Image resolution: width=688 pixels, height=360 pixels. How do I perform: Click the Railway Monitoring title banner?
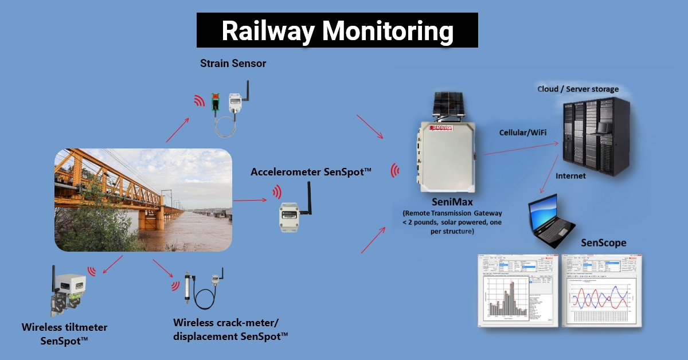(337, 30)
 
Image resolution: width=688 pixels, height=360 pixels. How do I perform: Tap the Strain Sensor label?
(233, 64)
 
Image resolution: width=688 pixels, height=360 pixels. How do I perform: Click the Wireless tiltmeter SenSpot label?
(64, 334)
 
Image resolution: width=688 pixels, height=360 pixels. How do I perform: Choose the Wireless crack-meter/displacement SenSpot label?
(230, 330)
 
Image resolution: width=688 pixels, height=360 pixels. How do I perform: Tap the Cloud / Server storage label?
(578, 89)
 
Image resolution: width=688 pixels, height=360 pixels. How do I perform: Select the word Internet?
(571, 176)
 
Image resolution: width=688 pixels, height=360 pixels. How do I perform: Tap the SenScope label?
(603, 243)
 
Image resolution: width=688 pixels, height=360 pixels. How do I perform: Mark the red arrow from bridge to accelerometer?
(249, 200)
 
